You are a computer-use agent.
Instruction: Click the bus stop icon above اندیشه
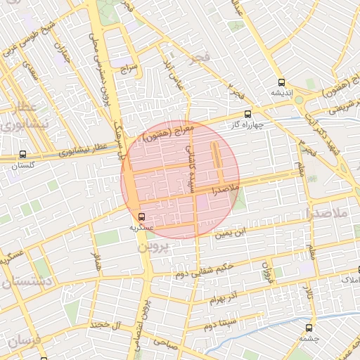point(282,82)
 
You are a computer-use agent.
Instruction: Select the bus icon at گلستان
point(23,154)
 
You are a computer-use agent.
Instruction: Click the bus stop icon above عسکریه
point(142,216)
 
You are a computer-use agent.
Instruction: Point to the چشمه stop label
point(309,337)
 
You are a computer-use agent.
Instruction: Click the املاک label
point(349,281)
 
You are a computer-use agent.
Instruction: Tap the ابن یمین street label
point(250,230)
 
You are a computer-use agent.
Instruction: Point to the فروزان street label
point(266,269)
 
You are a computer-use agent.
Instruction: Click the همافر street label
point(96,264)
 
